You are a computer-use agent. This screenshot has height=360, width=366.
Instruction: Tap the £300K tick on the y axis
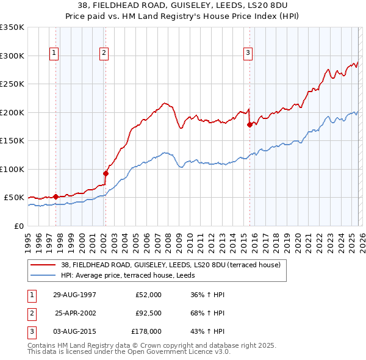coord(12,56)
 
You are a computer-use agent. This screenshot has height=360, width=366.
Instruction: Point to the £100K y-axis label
coord(12,169)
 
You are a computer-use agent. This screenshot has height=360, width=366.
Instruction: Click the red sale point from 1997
coord(56,196)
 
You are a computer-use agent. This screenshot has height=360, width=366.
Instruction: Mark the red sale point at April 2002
coord(106,173)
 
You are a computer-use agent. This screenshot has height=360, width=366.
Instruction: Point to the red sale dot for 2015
coord(249,125)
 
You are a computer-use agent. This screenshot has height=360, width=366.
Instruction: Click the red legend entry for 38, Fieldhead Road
coord(170,265)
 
